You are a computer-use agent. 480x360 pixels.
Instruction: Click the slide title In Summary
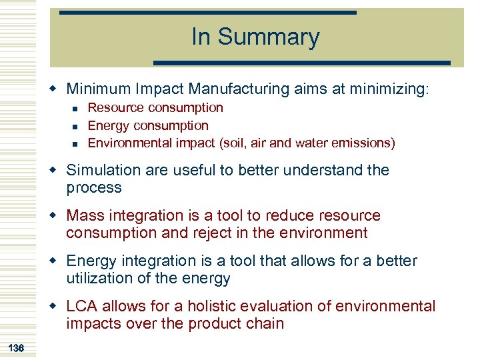click(255, 37)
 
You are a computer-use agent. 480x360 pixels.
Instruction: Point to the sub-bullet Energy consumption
click(148, 125)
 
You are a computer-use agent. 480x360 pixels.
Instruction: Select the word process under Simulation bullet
click(94, 188)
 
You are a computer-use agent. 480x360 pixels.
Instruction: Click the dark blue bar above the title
click(207, 12)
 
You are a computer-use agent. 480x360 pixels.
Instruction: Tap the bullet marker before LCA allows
click(58, 307)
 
